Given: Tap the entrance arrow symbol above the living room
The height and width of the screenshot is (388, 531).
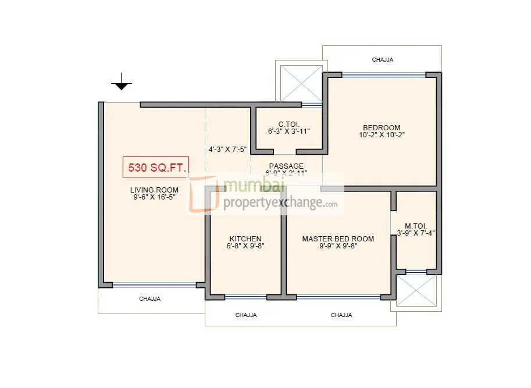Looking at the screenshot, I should pyautogui.click(x=121, y=83).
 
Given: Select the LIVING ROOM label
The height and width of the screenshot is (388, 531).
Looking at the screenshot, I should pyautogui.click(x=154, y=190).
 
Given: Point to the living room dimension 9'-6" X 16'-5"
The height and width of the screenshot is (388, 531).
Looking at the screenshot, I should pyautogui.click(x=154, y=197).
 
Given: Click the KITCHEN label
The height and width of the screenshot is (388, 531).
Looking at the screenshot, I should pyautogui.click(x=245, y=239).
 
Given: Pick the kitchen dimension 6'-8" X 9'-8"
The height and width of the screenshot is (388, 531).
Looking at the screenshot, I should pyautogui.click(x=245, y=247).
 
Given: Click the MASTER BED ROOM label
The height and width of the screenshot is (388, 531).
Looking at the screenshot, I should pyautogui.click(x=338, y=239).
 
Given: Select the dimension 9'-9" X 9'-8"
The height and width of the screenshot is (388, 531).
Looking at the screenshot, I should pyautogui.click(x=338, y=247).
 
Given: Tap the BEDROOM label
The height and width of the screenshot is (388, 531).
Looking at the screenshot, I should pyautogui.click(x=382, y=128).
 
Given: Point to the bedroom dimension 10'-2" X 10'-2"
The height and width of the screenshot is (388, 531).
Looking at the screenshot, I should pyautogui.click(x=382, y=136).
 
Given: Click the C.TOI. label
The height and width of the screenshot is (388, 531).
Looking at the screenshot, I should pyautogui.click(x=289, y=124).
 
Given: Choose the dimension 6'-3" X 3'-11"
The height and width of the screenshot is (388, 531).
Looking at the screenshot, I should pyautogui.click(x=289, y=131).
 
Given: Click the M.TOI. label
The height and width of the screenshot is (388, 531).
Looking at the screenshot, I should pyautogui.click(x=416, y=226).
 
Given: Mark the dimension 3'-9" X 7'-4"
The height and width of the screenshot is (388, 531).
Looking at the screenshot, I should pyautogui.click(x=416, y=233).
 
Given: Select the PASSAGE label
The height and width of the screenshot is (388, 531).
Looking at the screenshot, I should pyautogui.click(x=286, y=166).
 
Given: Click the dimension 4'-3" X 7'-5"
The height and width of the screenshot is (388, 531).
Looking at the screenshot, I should pyautogui.click(x=228, y=149).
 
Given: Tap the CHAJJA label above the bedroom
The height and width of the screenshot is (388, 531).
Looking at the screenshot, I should pyautogui.click(x=383, y=59).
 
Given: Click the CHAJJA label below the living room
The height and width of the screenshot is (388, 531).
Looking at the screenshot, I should pyautogui.click(x=149, y=299).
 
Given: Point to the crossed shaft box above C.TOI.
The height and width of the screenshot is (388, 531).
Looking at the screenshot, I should pyautogui.click(x=301, y=83).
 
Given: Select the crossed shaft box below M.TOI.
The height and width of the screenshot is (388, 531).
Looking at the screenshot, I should pyautogui.click(x=416, y=291).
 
